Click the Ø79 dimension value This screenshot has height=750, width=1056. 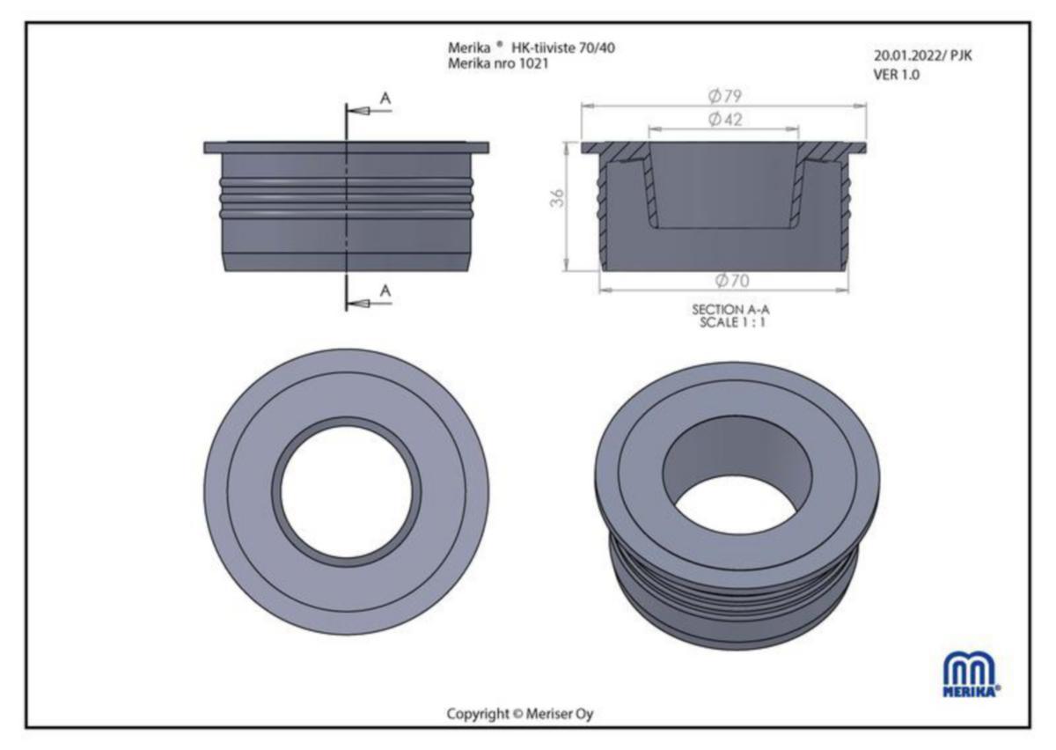tap(725, 96)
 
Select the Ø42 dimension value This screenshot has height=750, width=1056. tap(725, 120)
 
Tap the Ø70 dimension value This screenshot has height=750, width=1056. tap(731, 281)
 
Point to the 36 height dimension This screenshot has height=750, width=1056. tap(557, 198)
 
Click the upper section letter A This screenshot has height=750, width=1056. tap(385, 99)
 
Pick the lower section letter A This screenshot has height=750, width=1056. tap(385, 291)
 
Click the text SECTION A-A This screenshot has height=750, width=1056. tap(730, 310)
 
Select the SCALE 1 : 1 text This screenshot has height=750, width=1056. tap(732, 323)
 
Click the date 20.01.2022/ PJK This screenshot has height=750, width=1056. tap(922, 55)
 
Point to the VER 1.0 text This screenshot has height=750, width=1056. tap(896, 75)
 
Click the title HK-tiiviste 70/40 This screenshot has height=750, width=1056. tap(563, 48)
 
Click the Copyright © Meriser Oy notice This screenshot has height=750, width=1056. tap(520, 714)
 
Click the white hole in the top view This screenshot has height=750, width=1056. tap(347, 491)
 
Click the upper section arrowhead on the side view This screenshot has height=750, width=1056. tap(358, 111)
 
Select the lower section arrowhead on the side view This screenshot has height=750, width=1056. tap(358, 303)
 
